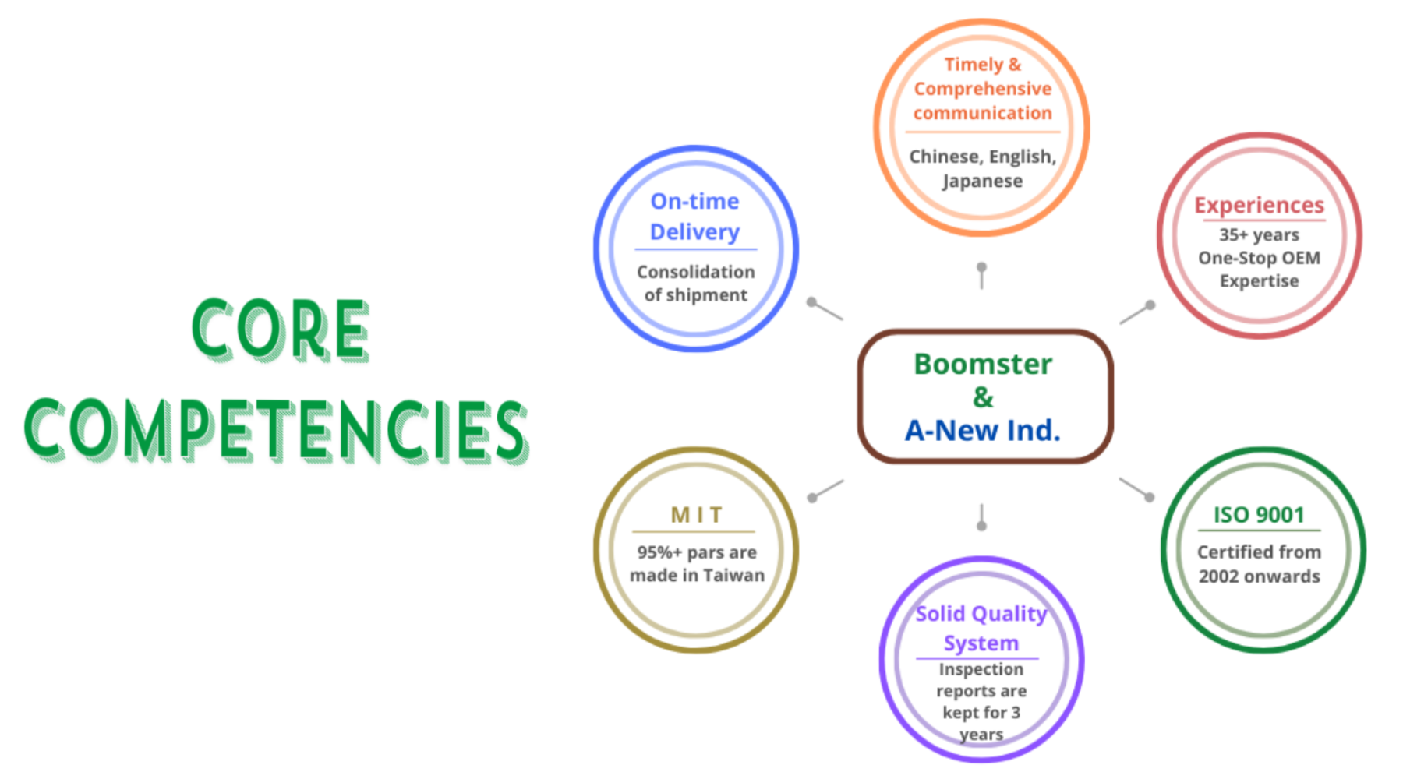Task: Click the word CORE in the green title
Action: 281,330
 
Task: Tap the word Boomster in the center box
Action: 982,364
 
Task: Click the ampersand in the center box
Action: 983,397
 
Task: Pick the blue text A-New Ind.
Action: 982,430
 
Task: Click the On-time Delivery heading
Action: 694,217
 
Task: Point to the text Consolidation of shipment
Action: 695,283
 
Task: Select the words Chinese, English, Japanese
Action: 982,168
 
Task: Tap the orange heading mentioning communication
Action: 982,89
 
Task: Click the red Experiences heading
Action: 1259,205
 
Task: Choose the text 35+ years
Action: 1259,234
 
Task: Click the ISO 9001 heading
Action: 1259,515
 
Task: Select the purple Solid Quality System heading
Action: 981,628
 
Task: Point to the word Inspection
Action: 981,669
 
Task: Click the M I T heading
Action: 696,515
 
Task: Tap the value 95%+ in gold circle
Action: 659,552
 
